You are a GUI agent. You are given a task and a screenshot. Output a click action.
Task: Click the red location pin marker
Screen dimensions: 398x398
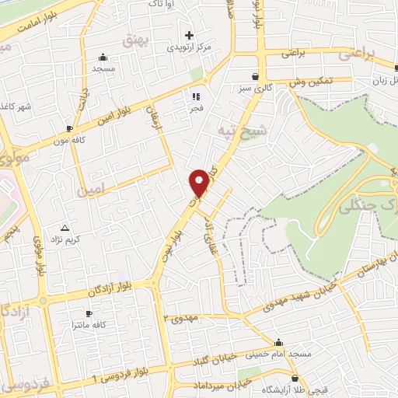200,182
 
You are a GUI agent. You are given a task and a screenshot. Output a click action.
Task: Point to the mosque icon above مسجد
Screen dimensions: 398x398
103,57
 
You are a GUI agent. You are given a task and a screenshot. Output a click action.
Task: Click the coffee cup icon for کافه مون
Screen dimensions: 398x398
71,128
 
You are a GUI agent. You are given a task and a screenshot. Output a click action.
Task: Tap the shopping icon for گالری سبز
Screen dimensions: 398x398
256,76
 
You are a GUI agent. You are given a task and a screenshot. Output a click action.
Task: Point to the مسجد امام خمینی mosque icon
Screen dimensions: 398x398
279,342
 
